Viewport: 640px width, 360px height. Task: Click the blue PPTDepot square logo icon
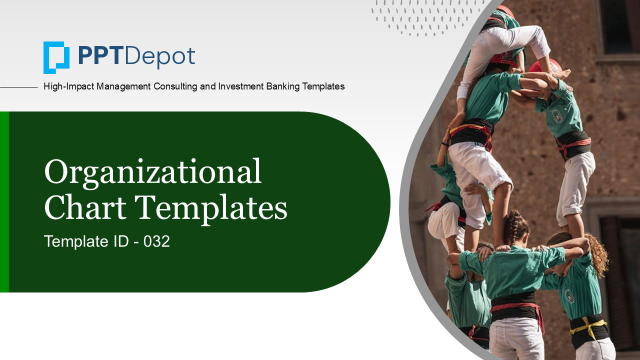[56, 57]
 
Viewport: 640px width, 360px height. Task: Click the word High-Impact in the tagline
[68, 86]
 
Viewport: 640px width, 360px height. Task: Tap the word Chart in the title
[85, 206]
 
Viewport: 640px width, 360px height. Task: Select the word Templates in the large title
[211, 209]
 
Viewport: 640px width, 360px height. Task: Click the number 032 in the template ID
[156, 241]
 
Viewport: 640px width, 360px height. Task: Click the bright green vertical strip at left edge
[4, 201]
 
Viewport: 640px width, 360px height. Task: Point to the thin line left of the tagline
[19, 87]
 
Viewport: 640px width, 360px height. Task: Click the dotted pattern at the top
[425, 17]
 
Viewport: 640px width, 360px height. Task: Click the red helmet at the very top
[504, 11]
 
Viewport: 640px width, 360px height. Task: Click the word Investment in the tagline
[241, 86]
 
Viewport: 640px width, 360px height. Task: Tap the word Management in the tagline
[123, 86]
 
